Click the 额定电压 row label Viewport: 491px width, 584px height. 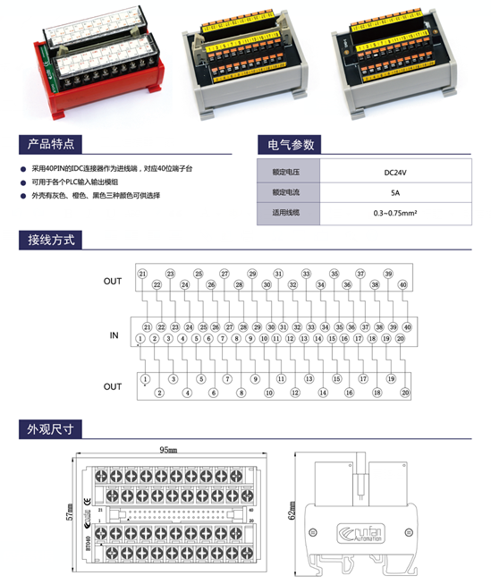[284, 171]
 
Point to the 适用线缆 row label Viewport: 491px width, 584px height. [284, 214]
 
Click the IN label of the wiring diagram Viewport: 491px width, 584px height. [114, 335]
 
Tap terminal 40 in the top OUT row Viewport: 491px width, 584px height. [402, 285]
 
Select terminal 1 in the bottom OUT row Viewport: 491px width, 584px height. [144, 379]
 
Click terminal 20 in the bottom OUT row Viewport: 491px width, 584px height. [404, 392]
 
